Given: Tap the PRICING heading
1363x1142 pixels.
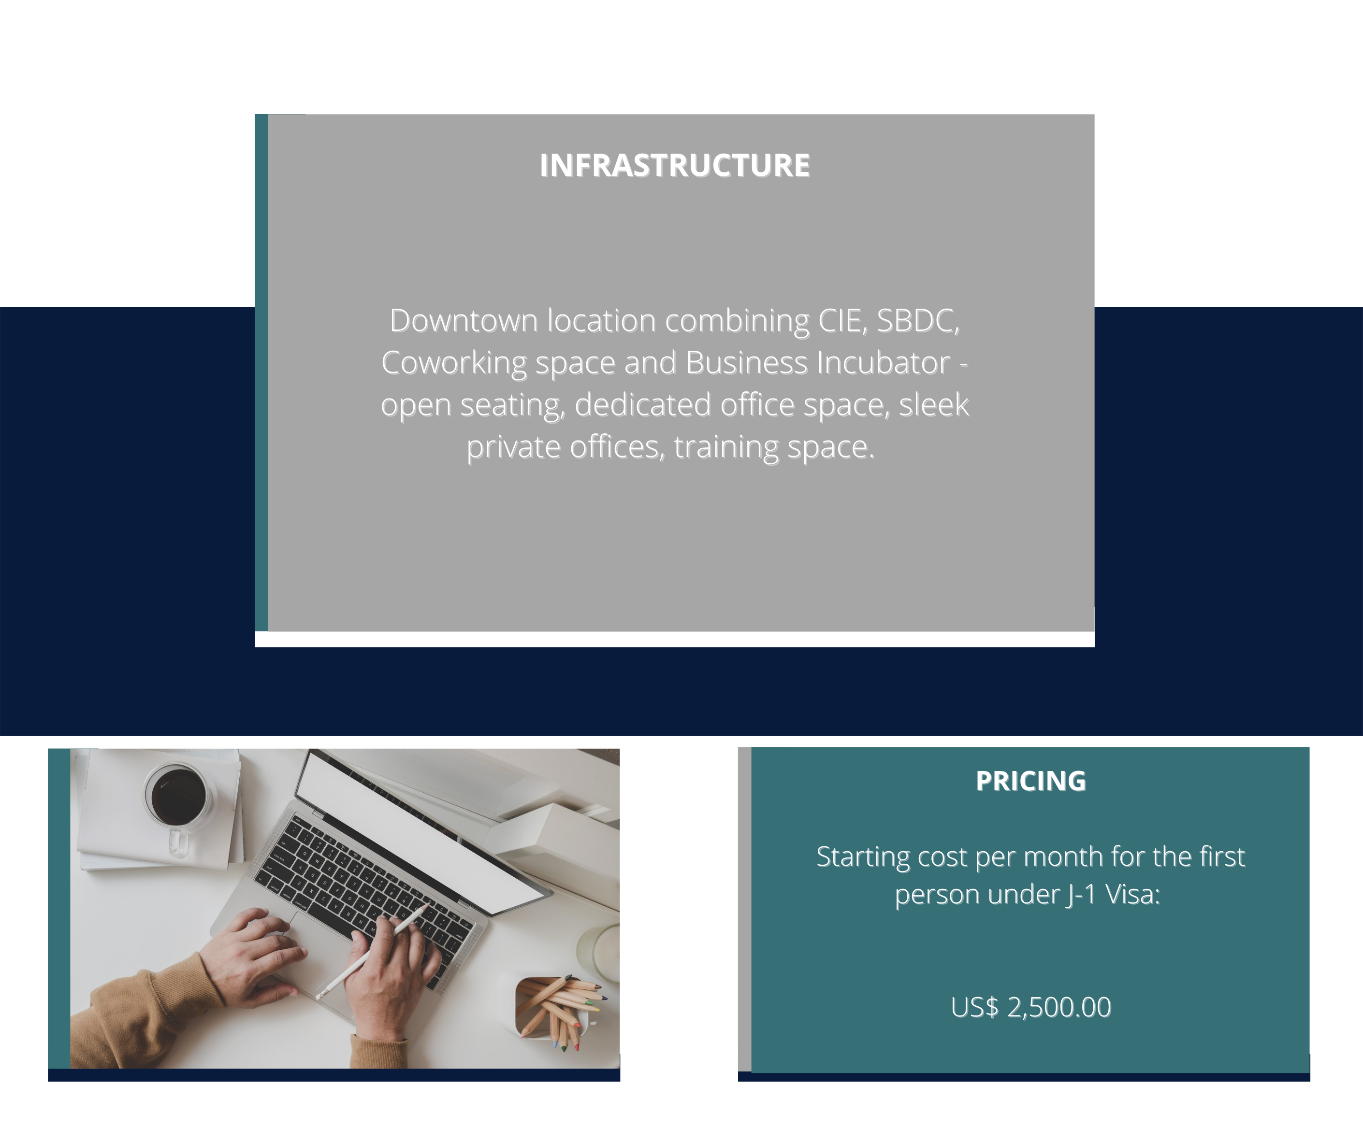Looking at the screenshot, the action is pos(1030,781).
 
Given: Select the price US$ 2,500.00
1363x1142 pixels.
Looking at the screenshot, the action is pos(1030,1007).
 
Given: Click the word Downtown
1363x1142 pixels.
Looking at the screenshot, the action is pos(464,321).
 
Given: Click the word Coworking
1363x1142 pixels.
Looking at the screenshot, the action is pos(454,363).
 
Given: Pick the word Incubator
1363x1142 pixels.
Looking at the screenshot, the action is pos(884,363).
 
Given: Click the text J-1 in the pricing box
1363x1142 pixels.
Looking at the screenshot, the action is pos(1081,895).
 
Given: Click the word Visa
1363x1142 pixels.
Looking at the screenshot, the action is pos(1133,895).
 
